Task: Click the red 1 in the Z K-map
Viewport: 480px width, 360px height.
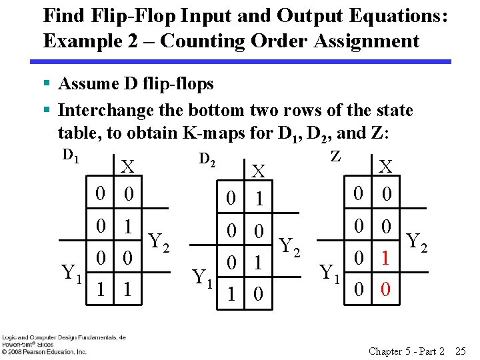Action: pyautogui.click(x=385, y=256)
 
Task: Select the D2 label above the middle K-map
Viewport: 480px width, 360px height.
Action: pyautogui.click(x=207, y=159)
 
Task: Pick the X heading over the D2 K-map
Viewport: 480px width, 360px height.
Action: pyautogui.click(x=257, y=172)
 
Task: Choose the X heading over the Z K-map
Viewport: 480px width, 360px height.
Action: pyautogui.click(x=385, y=167)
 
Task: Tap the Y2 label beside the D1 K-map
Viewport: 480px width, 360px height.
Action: pyautogui.click(x=160, y=241)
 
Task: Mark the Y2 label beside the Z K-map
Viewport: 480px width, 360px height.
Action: pyautogui.click(x=416, y=241)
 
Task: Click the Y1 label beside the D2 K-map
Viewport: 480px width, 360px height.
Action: pyautogui.click(x=203, y=275)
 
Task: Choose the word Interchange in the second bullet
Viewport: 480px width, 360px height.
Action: pyautogui.click(x=109, y=111)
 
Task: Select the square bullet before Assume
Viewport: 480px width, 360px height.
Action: pyautogui.click(x=47, y=84)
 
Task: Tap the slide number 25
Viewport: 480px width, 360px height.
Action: pyautogui.click(x=460, y=351)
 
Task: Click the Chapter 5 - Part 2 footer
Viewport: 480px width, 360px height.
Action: pyautogui.click(x=406, y=351)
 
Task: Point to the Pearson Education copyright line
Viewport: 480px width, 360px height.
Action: pyautogui.click(x=43, y=351)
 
